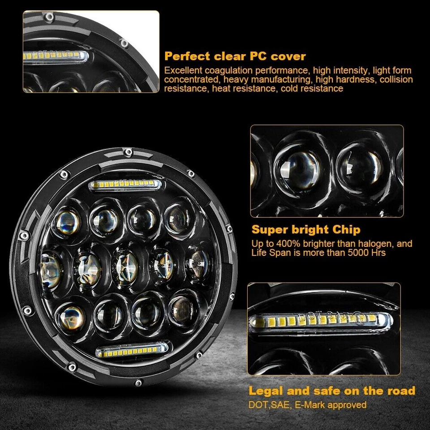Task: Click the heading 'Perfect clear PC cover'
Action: click(x=235, y=56)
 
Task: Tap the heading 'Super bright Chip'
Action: click(x=305, y=230)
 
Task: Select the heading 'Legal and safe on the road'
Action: click(x=332, y=390)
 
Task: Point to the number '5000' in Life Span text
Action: click(x=347, y=253)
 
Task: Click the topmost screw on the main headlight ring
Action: click(x=129, y=152)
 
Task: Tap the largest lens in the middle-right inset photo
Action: click(x=297, y=169)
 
